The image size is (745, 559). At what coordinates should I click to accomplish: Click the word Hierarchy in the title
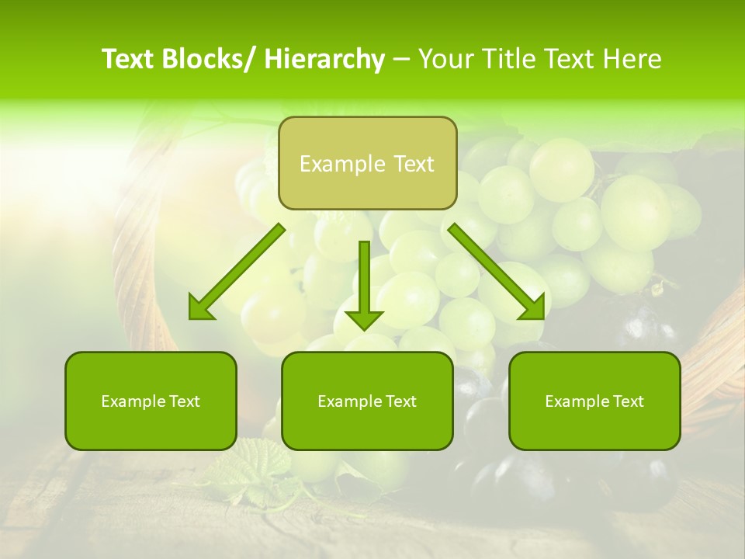[324, 60]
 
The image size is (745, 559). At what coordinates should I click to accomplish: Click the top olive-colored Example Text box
[367, 163]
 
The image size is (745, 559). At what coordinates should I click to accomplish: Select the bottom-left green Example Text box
[151, 401]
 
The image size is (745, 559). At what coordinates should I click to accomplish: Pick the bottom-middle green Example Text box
[367, 401]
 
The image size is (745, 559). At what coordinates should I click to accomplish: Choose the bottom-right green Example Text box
[594, 401]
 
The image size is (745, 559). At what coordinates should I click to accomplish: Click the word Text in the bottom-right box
[626, 401]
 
